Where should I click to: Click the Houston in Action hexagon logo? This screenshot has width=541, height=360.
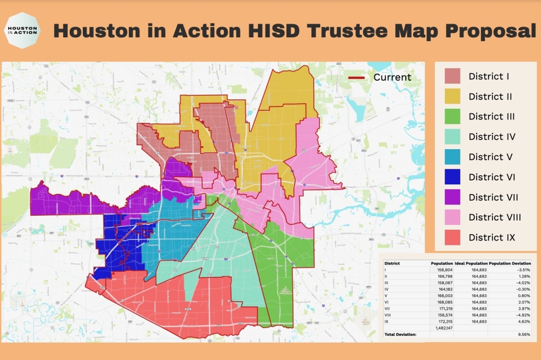click(x=22, y=30)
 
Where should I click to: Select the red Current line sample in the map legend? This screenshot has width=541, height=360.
click(x=357, y=77)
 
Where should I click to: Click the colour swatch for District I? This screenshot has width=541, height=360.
click(x=452, y=76)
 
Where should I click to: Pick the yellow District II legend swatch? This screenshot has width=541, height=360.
click(x=452, y=96)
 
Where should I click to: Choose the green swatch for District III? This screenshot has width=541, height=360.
click(x=452, y=116)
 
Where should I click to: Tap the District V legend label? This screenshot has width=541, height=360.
click(x=490, y=157)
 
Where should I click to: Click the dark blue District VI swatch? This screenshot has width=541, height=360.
click(x=452, y=177)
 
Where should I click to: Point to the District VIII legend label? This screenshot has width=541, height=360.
click(x=494, y=217)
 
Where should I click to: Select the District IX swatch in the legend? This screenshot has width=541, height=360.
click(x=452, y=237)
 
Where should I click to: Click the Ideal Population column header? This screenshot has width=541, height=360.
click(x=471, y=263)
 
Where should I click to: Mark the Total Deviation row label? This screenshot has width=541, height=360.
click(x=401, y=335)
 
